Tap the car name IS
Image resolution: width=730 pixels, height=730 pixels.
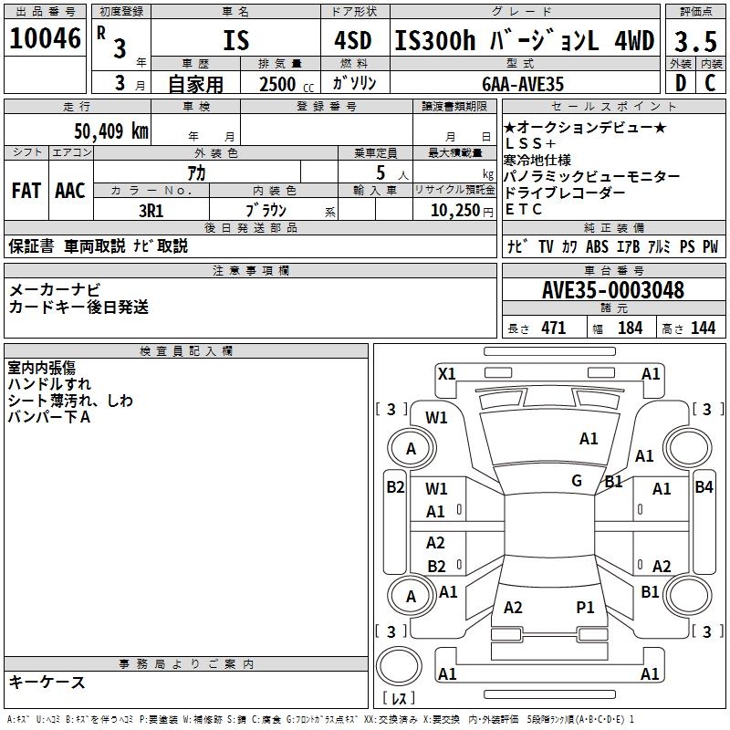pos(235,42)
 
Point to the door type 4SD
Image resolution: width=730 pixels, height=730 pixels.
pos(347,42)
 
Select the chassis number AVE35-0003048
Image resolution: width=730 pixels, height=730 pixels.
pos(612,291)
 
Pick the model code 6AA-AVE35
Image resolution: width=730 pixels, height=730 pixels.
pos(523,84)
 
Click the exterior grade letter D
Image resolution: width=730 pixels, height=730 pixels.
pos(680,84)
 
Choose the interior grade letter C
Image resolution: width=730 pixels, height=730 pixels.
pos(711,84)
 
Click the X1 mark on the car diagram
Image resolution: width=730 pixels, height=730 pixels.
pos(447,373)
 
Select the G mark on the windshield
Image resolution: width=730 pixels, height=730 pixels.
pos(577,481)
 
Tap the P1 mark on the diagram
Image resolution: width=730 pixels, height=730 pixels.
pos(585,607)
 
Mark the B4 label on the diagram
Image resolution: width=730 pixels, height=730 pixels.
pos(704,487)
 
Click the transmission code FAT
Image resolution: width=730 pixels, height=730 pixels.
pos(26,191)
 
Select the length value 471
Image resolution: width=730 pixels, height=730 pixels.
pos(552,328)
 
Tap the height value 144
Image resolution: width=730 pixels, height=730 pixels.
pos(703,328)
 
